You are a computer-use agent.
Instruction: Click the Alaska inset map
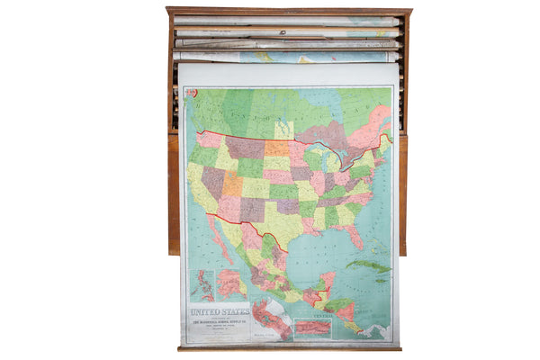pos(230,284)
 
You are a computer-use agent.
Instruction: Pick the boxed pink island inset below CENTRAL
pos(312,329)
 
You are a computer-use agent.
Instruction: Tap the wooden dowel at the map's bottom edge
pos(288,348)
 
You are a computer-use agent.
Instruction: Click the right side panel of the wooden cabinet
pos(403,193)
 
